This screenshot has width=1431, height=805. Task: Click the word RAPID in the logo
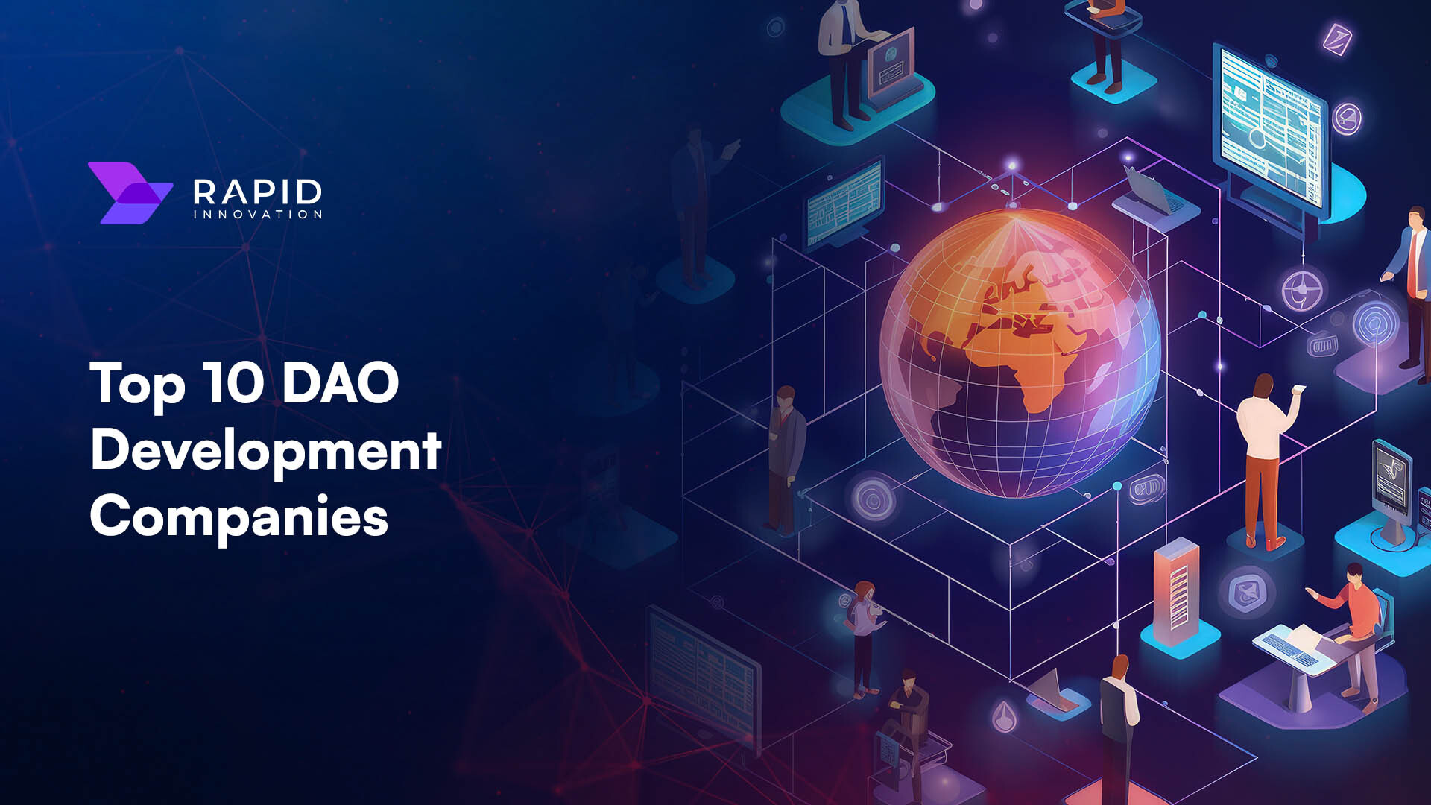coord(257,192)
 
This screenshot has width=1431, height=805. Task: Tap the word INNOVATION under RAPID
coord(257,215)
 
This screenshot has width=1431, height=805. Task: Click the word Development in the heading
coord(266,451)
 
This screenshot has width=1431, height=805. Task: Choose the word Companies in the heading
coord(238,517)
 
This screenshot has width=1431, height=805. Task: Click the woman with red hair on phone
coord(863,634)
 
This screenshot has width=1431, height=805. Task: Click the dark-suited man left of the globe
coord(784,455)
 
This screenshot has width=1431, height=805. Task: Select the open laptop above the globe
coord(1152,194)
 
